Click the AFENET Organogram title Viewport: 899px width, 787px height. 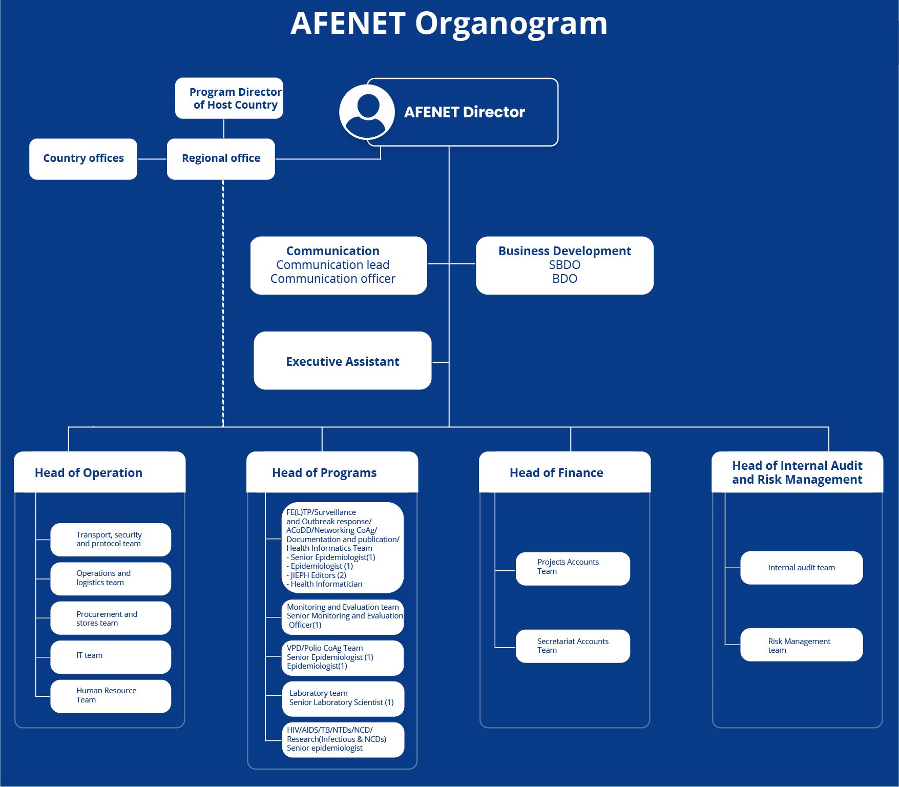click(449, 24)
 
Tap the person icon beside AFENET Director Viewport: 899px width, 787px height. click(367, 112)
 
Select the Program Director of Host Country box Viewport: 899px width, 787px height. click(229, 98)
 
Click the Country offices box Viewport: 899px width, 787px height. click(83, 159)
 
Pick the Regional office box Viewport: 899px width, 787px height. click(221, 159)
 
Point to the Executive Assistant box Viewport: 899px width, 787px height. click(342, 361)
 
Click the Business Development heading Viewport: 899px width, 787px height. click(565, 251)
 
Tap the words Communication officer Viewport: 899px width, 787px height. click(333, 279)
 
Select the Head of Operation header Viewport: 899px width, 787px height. click(89, 472)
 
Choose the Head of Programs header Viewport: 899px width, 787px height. click(324, 472)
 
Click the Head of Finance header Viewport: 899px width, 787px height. click(556, 472)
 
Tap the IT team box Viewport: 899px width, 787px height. click(111, 656)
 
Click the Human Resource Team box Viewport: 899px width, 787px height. click(111, 696)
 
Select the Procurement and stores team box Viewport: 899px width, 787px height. click(111, 618)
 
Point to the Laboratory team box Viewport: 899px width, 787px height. click(343, 698)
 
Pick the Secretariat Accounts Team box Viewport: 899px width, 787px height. click(573, 646)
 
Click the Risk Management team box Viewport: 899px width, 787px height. click(801, 645)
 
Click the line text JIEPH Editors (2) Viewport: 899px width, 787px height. click(318, 575)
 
